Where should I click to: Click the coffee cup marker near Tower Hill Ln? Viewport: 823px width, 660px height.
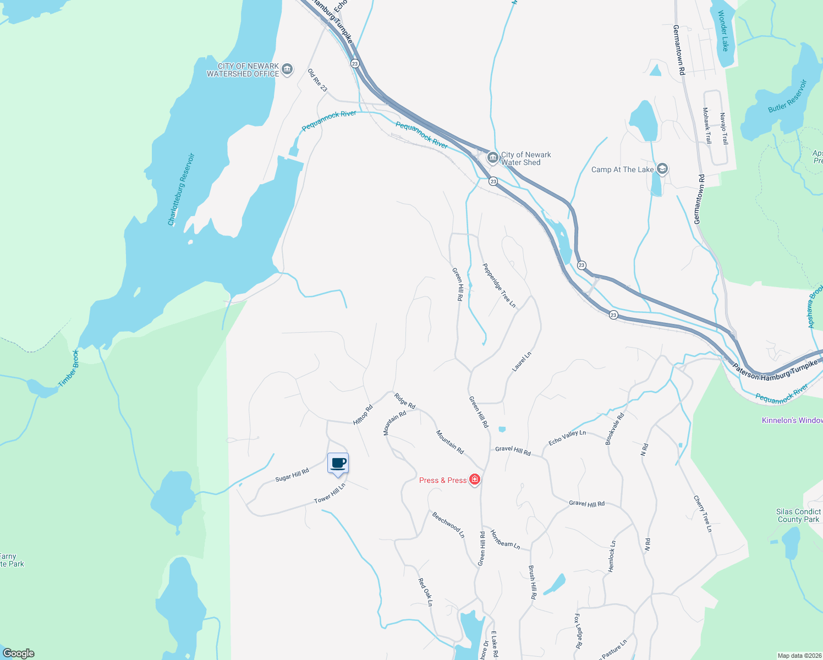(338, 463)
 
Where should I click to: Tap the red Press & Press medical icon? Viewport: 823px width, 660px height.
(475, 480)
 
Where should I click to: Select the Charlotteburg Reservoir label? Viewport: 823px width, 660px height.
(181, 190)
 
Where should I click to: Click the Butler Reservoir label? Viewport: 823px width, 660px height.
(787, 97)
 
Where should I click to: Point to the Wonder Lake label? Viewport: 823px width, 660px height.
(723, 31)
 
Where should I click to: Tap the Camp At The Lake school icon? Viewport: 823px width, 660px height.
(662, 169)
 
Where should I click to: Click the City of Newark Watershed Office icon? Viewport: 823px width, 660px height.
(287, 69)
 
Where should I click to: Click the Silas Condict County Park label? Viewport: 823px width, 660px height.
(798, 515)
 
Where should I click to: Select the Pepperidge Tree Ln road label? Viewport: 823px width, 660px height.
(499, 285)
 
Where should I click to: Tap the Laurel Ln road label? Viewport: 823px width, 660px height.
(522, 362)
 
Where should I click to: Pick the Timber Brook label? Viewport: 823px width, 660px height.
(69, 369)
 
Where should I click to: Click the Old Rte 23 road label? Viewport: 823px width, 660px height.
(317, 80)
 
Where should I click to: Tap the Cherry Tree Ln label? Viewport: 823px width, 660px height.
(703, 514)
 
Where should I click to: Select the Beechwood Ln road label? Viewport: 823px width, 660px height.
(448, 525)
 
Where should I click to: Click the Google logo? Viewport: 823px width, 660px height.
(19, 653)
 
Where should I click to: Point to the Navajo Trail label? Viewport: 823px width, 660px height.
(724, 129)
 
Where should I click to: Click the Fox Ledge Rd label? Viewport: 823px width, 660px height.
(578, 631)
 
